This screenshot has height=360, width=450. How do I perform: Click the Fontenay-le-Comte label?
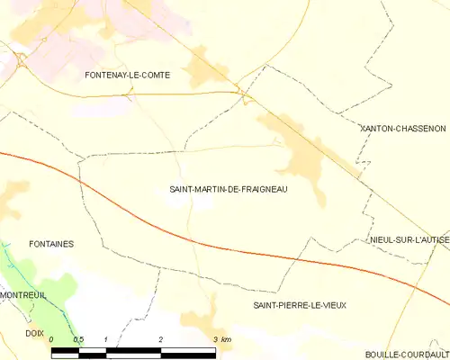(x=127, y=76)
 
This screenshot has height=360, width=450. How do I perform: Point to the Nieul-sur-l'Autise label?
(x=409, y=240)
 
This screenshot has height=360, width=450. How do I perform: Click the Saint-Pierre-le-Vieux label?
(x=299, y=306)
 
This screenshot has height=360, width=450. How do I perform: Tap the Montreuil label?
(x=22, y=295)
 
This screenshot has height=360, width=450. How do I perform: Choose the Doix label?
(x=34, y=333)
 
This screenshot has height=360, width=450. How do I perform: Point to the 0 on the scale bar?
(x=52, y=339)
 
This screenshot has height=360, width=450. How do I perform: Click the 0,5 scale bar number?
(x=78, y=339)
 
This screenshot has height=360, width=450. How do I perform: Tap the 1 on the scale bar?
(x=106, y=339)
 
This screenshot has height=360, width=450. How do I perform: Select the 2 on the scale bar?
(x=160, y=339)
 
